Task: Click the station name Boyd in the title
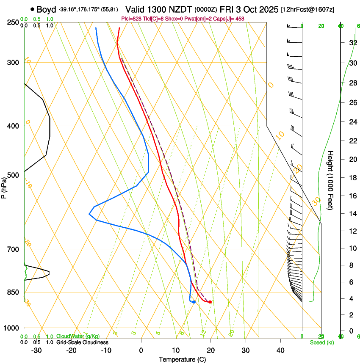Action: coord(46,9)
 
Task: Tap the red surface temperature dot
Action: coord(210,302)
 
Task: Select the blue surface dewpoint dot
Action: coord(194,302)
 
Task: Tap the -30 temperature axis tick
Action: coord(36,350)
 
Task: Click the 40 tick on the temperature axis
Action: coord(280,350)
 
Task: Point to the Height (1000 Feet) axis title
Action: coord(330,180)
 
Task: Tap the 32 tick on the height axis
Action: coord(352,43)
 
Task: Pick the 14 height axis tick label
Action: coord(352,214)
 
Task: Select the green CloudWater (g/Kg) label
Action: coord(78,336)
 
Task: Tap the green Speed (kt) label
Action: coord(321,342)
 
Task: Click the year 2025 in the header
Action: coord(268,9)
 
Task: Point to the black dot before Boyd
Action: coord(32,9)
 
